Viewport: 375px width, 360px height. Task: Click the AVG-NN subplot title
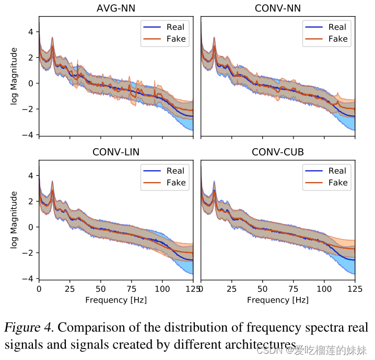coord(115,8)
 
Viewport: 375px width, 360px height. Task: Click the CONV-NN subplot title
coord(277,8)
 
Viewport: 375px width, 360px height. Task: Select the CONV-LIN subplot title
coord(115,152)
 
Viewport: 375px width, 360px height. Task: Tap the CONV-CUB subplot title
coord(277,152)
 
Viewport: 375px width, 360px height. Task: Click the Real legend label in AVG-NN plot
coord(175,27)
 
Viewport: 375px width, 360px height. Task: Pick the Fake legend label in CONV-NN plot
coord(338,39)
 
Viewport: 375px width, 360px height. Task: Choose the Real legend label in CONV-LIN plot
coord(175,171)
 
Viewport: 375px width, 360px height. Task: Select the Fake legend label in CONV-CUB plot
coord(338,183)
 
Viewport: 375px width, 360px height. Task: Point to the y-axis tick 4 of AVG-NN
coord(31,31)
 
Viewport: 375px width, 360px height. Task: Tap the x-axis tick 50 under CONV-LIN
coord(100,289)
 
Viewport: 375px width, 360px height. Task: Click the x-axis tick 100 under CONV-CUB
coord(324,289)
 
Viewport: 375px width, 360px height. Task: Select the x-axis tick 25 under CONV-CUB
coord(231,289)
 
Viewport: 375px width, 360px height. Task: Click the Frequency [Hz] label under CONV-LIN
coord(115,300)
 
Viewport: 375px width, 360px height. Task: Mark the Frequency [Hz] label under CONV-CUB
coord(277,300)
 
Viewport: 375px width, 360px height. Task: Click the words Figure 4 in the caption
coord(29,328)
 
